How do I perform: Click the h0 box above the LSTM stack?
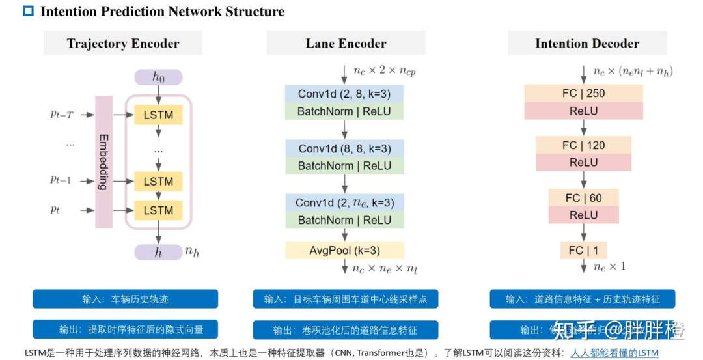158,77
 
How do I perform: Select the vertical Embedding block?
103,162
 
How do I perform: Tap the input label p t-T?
62,115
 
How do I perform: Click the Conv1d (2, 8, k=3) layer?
344,94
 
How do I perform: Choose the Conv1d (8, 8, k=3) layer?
344,148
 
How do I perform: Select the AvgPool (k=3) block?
344,251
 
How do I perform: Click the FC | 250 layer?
583,93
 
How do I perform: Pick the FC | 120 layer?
583,145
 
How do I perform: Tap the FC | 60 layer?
583,198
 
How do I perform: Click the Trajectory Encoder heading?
123,44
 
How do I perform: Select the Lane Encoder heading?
346,44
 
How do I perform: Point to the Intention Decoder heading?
586,44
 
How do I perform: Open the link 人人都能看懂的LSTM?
614,353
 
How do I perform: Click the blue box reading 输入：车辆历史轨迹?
125,299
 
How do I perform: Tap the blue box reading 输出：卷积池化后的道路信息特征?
345,330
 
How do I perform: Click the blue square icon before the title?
28,11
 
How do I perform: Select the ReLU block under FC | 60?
583,215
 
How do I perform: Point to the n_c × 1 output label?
610,267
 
